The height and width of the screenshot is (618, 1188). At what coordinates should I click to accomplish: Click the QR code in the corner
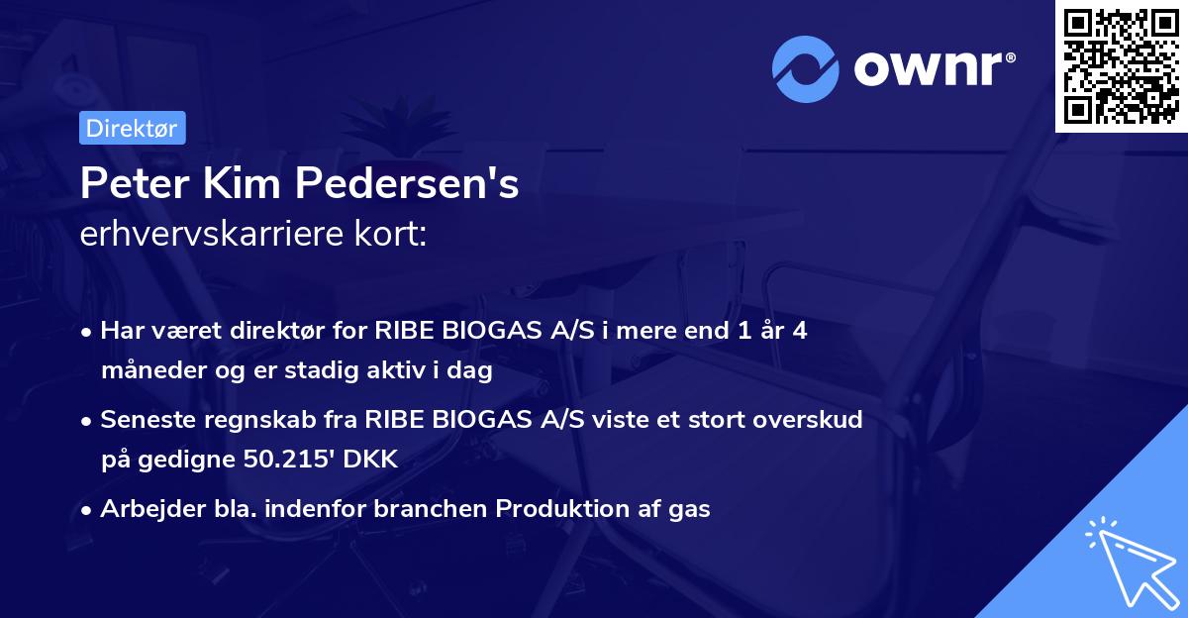[1122, 65]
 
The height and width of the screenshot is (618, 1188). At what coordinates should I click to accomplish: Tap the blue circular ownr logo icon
[806, 69]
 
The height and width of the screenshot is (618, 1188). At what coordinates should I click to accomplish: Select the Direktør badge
[132, 128]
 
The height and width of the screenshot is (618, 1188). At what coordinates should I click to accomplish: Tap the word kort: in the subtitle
[394, 236]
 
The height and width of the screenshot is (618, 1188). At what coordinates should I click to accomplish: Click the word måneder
[145, 371]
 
